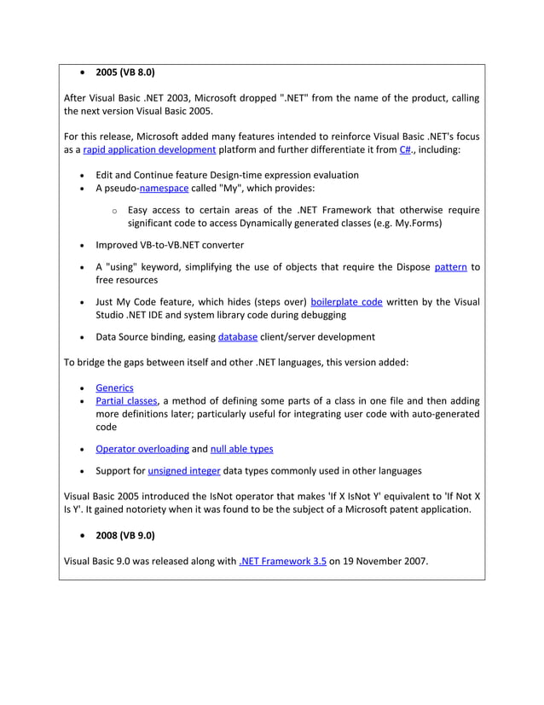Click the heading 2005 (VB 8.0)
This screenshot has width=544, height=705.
124,73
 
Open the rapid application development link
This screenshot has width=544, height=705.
149,149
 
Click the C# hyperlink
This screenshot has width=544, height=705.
405,149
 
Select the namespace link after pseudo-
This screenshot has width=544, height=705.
164,188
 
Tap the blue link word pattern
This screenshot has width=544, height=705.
450,266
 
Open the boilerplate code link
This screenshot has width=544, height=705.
346,301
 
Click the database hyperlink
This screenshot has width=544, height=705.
237,336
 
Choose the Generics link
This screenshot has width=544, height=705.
114,387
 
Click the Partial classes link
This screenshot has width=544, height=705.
126,400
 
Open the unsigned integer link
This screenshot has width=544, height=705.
184,470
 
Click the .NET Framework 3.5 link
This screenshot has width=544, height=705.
283,562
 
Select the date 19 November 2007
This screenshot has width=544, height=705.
387,562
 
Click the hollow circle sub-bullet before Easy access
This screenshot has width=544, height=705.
114,211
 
